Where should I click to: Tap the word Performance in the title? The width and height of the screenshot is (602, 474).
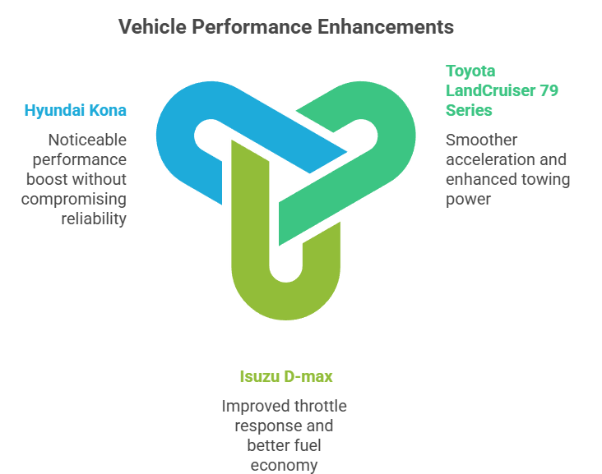tap(251, 27)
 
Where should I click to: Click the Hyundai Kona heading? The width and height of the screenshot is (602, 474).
tap(75, 111)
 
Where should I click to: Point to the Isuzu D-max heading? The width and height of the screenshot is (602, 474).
tap(286, 377)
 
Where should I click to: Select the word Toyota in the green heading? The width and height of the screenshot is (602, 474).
tap(470, 71)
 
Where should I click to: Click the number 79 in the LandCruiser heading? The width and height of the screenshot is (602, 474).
tap(548, 90)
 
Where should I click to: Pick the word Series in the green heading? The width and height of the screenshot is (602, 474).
tap(469, 110)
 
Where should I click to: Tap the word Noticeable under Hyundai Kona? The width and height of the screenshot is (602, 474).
tap(87, 140)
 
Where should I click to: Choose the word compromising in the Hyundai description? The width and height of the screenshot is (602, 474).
tap(75, 199)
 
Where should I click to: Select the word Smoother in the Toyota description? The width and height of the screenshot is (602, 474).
tap(481, 140)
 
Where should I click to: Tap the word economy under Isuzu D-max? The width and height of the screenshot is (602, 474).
tap(284, 466)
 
